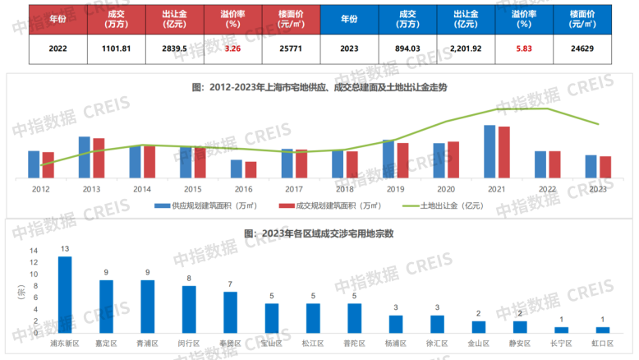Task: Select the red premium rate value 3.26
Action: pyautogui.click(x=232, y=48)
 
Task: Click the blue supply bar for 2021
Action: pyautogui.click(x=490, y=152)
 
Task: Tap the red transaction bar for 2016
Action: pyautogui.click(x=251, y=169)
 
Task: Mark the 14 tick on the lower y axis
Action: pyautogui.click(x=34, y=251)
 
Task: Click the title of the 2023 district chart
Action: pyautogui.click(x=319, y=233)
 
